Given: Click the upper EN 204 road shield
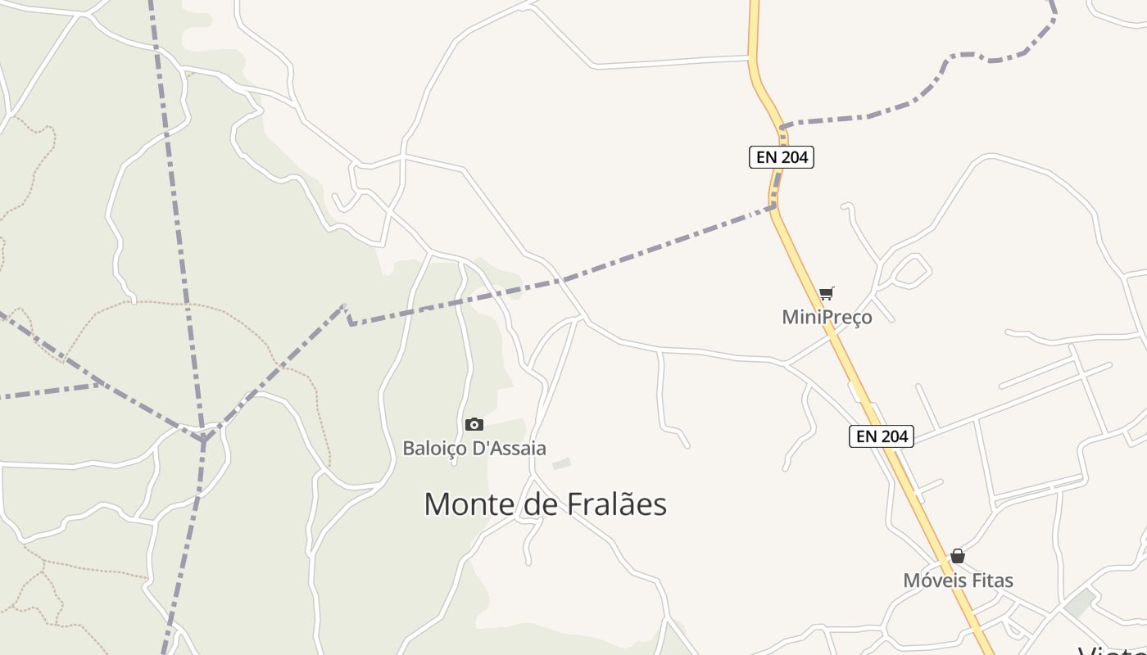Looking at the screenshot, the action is [781, 157].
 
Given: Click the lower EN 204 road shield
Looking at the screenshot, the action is [881, 436].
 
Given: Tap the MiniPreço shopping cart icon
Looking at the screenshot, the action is [827, 294].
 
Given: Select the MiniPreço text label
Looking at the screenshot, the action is [827, 317].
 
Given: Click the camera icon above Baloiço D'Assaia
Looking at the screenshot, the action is [474, 424].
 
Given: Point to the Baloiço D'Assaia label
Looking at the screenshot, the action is [474, 448].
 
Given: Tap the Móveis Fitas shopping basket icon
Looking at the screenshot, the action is [957, 557].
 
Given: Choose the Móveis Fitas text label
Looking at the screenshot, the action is [958, 580].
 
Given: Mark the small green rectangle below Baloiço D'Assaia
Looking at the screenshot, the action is [561, 464].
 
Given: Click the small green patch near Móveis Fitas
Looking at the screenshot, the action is [1081, 603].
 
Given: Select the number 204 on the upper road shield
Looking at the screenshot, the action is [794, 157].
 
